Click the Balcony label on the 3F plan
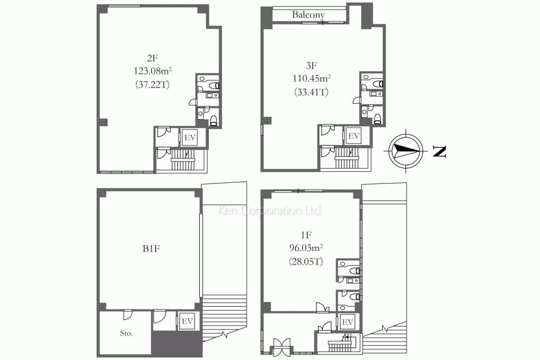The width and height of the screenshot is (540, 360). tap(308, 14)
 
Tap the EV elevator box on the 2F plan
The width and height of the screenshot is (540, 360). tap(190, 138)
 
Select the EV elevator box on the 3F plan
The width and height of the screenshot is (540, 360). tap(354, 136)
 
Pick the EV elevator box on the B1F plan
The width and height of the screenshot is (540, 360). tap(187, 321)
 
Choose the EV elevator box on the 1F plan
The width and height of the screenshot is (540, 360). tap(348, 322)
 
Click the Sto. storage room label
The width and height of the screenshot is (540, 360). tap(127, 333)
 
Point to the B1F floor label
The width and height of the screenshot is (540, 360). tap(151, 248)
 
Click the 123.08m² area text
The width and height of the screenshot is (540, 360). tap(152, 71)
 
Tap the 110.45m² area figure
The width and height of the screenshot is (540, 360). tap(312, 79)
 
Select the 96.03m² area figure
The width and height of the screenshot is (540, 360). tap(306, 248)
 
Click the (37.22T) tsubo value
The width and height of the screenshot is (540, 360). tap(152, 85)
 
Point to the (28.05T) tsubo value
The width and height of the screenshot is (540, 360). tap(306, 262)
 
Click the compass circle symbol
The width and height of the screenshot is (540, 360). tap(406, 150)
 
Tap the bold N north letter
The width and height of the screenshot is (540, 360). tap(439, 151)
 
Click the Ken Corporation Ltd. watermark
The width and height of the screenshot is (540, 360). tap(270, 210)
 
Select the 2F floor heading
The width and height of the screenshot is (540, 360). tap(152, 58)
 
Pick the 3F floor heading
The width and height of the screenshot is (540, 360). tap(311, 65)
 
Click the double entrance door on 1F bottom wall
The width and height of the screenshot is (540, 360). tap(282, 347)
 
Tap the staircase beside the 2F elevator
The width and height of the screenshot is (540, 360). tap(185, 159)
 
